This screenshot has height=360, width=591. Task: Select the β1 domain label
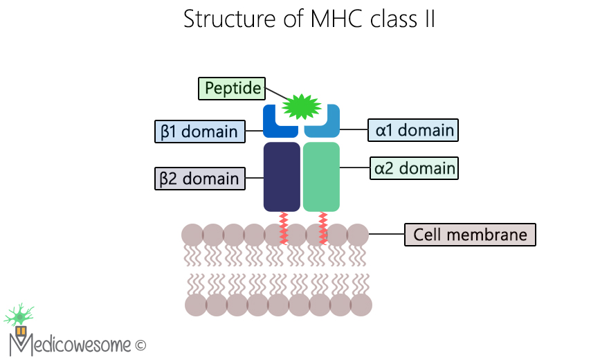point(199,131)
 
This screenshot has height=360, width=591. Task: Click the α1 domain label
point(415,129)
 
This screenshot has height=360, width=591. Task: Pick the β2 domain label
point(199,179)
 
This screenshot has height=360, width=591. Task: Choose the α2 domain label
point(415,168)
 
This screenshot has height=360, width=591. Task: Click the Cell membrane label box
point(470,235)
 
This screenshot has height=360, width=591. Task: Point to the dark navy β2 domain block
point(282,177)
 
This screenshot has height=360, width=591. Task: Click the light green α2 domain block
point(321,177)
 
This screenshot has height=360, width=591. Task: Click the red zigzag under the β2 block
point(283,228)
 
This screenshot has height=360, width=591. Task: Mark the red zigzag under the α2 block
point(322,228)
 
